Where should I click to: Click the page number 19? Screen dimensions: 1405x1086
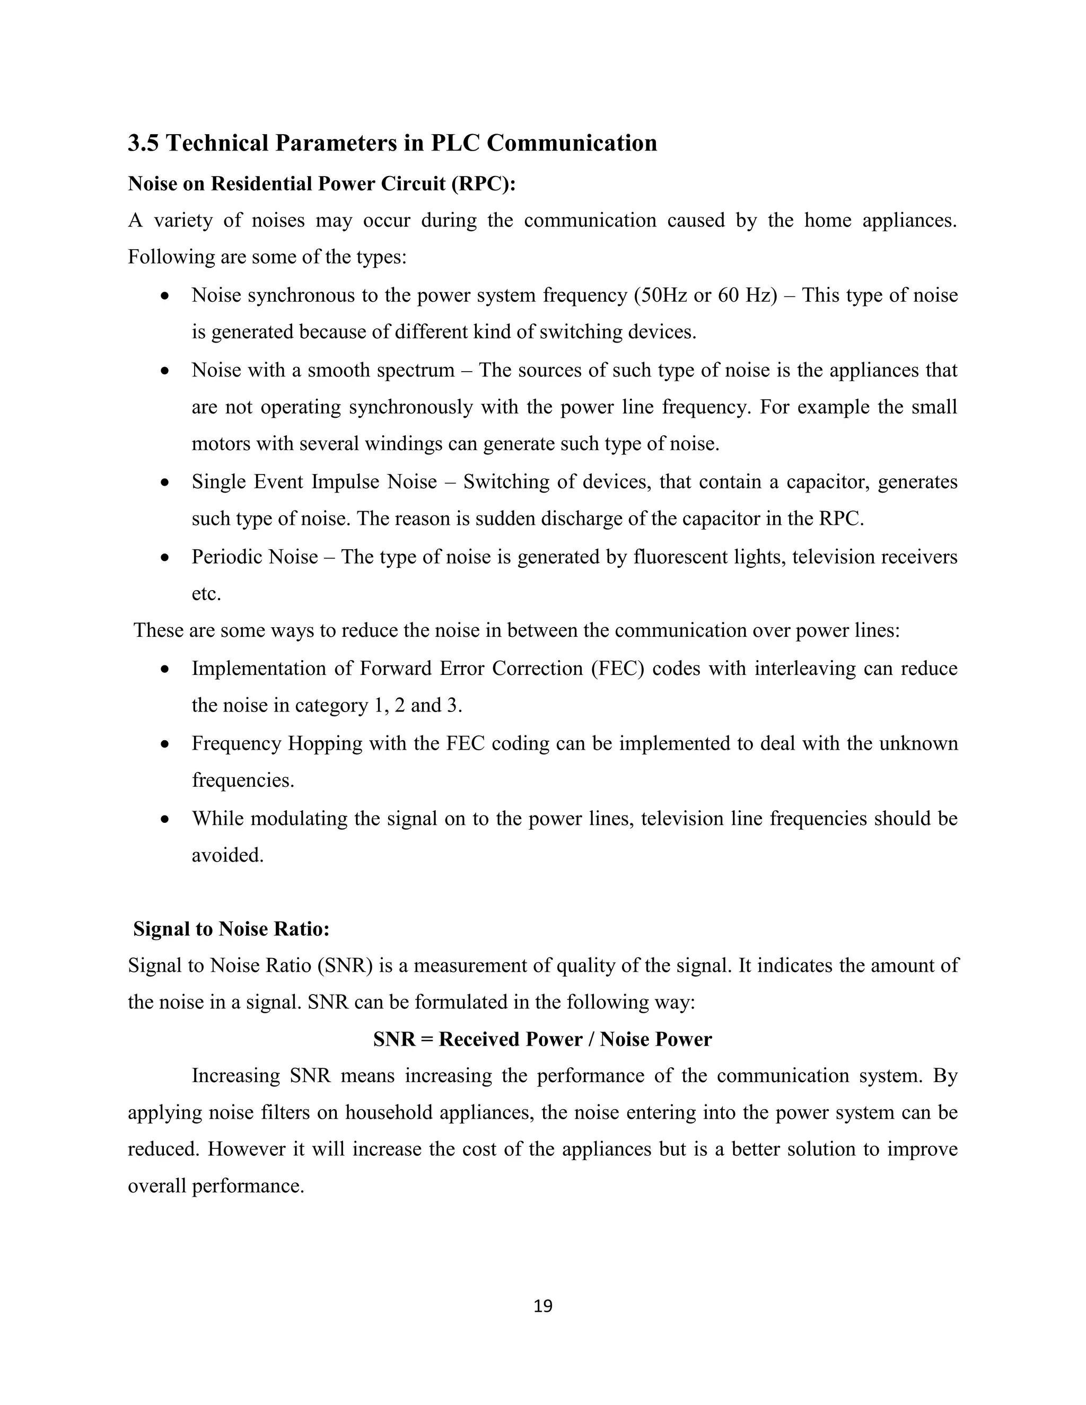(x=543, y=1305)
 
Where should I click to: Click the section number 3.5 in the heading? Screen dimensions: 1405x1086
(x=144, y=143)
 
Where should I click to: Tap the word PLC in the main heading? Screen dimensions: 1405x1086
(x=455, y=143)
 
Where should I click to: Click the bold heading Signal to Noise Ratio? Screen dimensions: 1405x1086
(x=231, y=929)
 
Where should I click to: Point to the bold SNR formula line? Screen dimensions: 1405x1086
(x=542, y=1039)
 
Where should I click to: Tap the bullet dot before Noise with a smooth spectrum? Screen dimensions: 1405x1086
(x=165, y=372)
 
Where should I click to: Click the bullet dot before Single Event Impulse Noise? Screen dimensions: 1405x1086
(x=165, y=483)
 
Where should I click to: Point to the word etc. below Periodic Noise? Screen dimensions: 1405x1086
(x=206, y=594)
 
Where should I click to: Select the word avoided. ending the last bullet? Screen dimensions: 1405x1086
(x=227, y=856)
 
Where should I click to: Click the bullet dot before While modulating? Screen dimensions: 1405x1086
(x=165, y=820)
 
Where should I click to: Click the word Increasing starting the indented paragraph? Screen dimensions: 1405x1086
(x=235, y=1076)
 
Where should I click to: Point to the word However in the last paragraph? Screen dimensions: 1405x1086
(x=246, y=1149)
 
